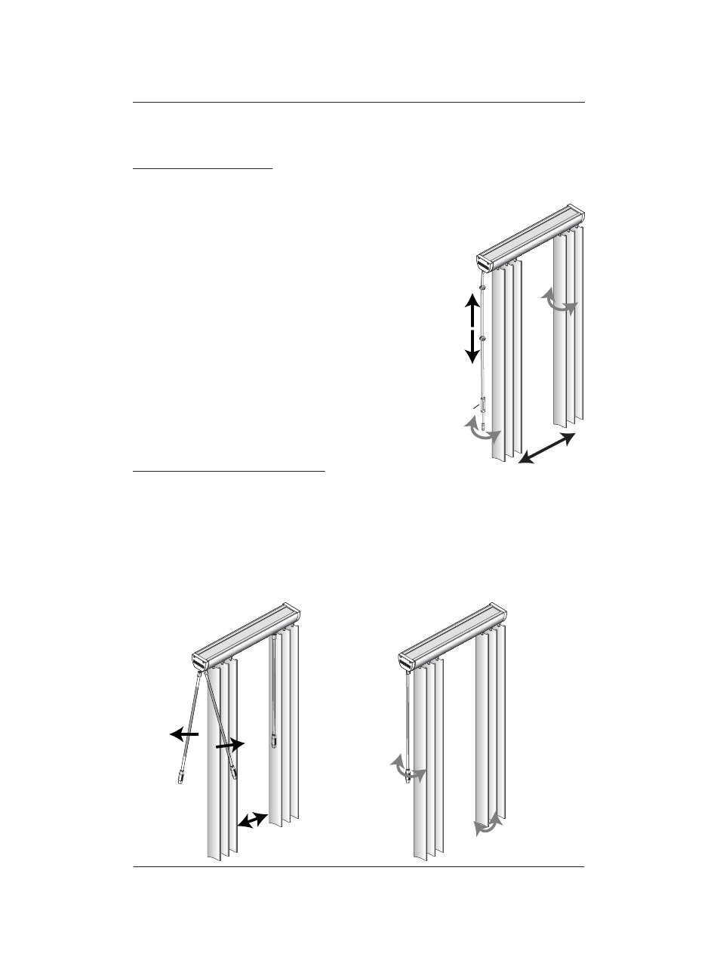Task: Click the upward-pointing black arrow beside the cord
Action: (x=472, y=309)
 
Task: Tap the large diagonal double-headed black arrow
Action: (x=547, y=449)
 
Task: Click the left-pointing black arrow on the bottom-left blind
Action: (x=184, y=733)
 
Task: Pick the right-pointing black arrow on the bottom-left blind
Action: (x=230, y=745)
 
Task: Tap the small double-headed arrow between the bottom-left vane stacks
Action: (x=253, y=820)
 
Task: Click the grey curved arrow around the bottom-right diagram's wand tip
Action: (x=408, y=771)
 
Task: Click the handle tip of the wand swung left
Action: (x=181, y=777)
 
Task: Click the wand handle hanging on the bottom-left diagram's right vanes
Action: (x=272, y=736)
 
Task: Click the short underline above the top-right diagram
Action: (x=202, y=169)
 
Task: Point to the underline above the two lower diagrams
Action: (x=229, y=472)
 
